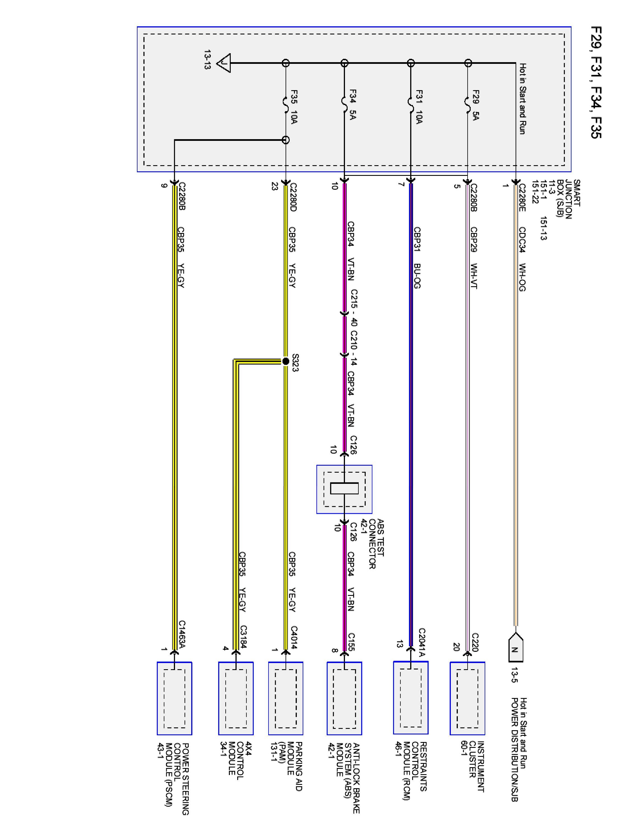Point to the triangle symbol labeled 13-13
pyautogui.click(x=224, y=63)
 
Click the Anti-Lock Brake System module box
pyautogui.click(x=344, y=698)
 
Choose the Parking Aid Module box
pyautogui.click(x=286, y=698)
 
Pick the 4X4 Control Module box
pyautogui.click(x=235, y=698)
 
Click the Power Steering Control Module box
pyautogui.click(x=174, y=698)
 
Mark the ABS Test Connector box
pyautogui.click(x=344, y=489)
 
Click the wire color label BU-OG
pyautogui.click(x=417, y=276)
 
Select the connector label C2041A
pyautogui.click(x=421, y=642)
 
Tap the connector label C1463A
pyautogui.click(x=182, y=634)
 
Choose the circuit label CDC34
pyautogui.click(x=522, y=240)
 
